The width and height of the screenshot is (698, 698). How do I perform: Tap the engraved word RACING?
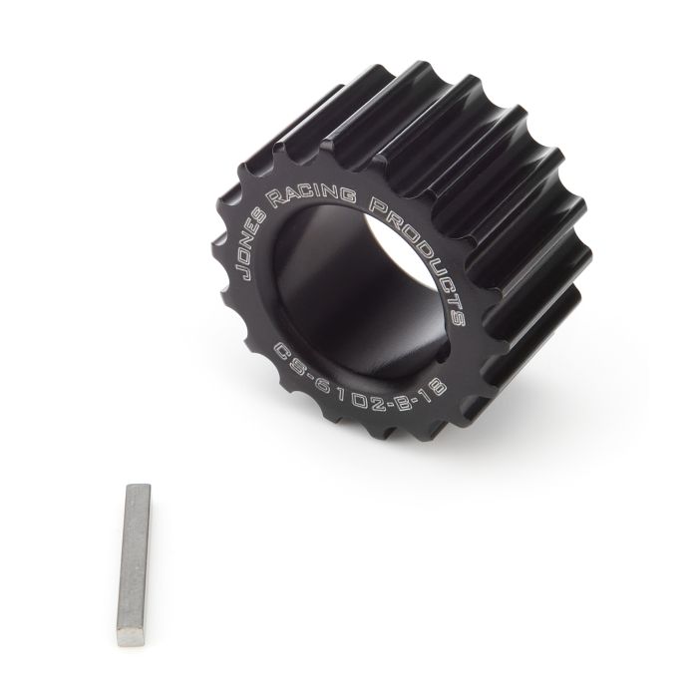pos(322,191)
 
